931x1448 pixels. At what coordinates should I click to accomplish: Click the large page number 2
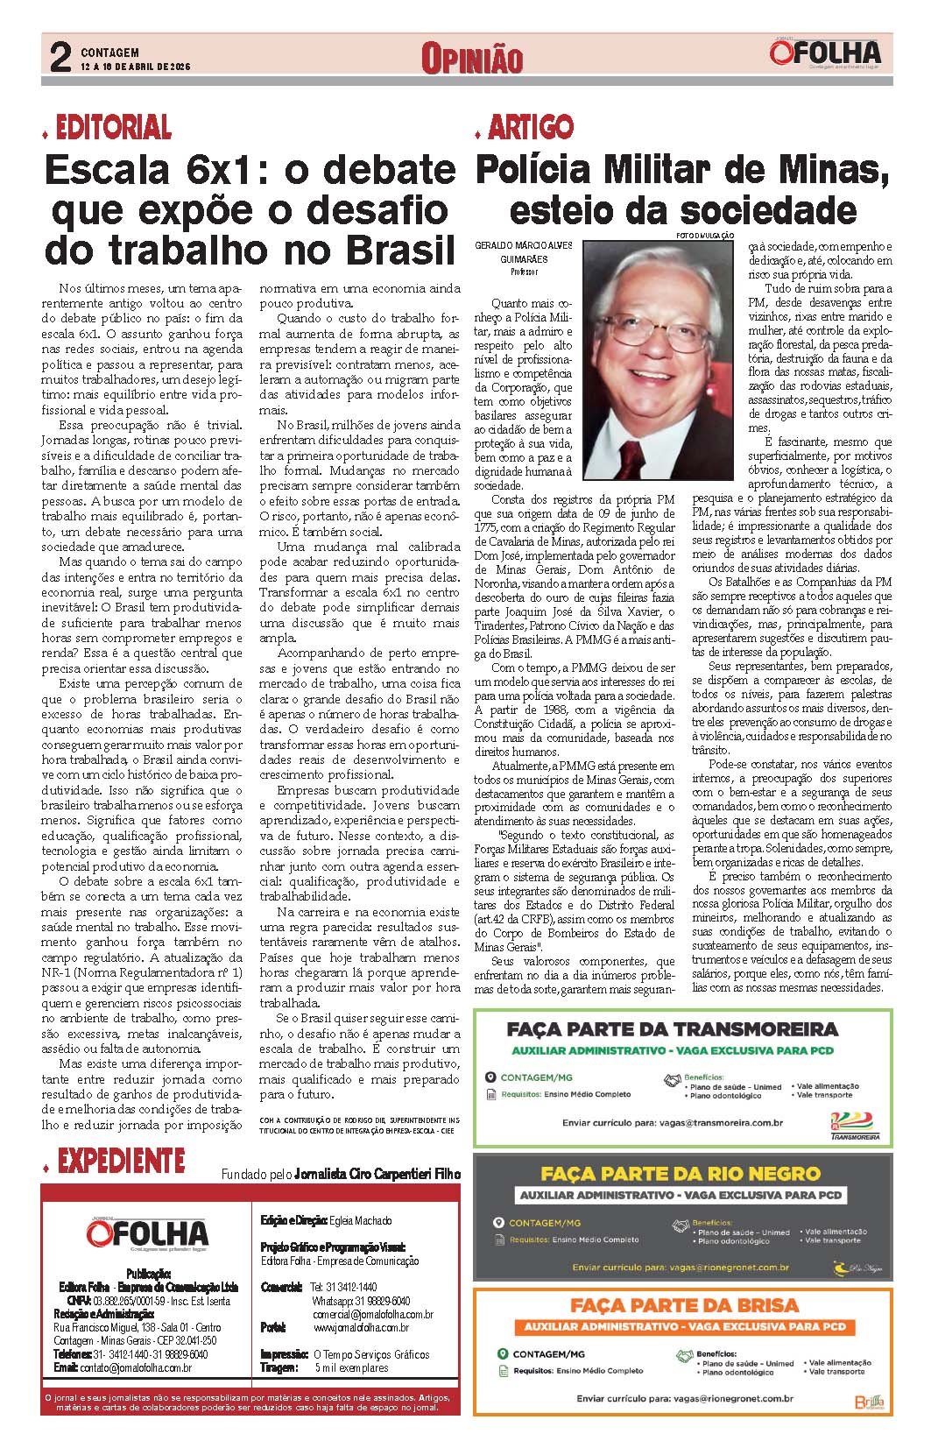60,59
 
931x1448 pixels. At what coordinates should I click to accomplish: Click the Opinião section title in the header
471,59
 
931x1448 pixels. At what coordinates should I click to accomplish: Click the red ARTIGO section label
531,128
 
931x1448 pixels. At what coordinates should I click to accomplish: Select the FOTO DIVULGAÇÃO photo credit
705,237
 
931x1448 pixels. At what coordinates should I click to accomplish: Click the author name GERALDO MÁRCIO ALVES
523,248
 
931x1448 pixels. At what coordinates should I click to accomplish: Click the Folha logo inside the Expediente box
147,1235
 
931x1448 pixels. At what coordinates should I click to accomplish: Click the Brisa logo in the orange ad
870,1402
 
